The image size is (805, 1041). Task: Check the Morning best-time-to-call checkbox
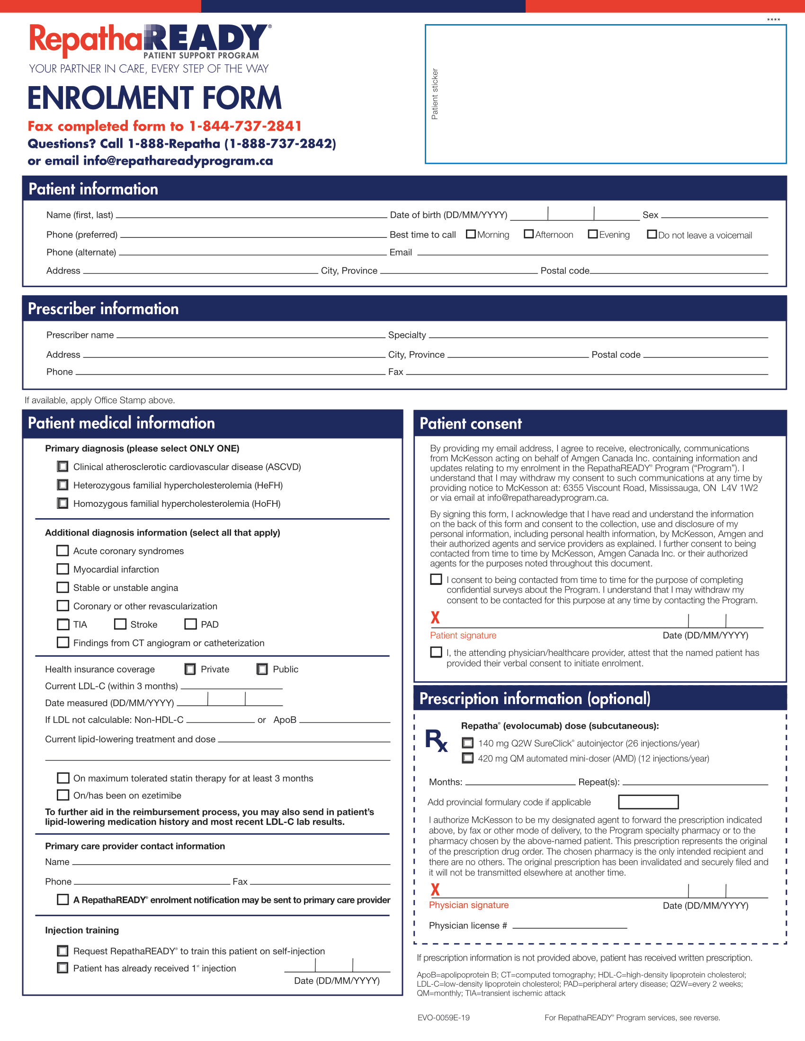coord(471,234)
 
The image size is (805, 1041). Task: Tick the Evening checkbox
coord(593,234)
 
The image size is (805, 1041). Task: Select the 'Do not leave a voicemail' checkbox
coord(652,234)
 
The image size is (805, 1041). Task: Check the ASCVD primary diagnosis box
coord(63,466)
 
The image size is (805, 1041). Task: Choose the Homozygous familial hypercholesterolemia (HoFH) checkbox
coord(63,503)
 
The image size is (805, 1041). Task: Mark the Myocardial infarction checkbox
coord(63,569)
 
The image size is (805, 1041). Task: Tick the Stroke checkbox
coord(120,624)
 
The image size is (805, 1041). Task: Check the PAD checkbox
coord(191,624)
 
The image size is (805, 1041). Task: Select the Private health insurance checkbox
coord(190,669)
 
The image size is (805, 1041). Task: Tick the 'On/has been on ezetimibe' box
coord(63,795)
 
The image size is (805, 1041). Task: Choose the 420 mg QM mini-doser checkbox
coord(468,758)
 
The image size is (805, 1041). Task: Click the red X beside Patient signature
coord(435,618)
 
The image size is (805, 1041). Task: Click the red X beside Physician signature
coord(435,890)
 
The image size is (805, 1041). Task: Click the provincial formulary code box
coord(648,802)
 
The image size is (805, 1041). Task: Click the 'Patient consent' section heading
coord(471,424)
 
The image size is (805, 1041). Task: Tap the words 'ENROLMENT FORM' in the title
coord(154,98)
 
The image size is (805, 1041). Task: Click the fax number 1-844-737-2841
coord(245,126)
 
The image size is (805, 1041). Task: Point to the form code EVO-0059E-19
coord(444,1018)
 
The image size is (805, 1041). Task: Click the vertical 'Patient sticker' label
coord(434,94)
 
